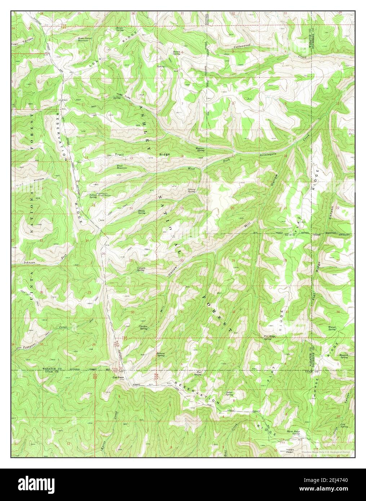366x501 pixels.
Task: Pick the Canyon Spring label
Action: click(141, 269)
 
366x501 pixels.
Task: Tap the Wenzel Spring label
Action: click(332, 328)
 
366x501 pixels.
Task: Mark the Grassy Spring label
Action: click(191, 191)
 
